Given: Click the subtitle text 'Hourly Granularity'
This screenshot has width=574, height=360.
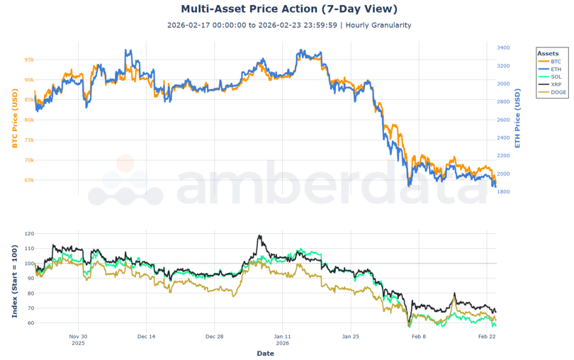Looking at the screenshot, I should click(x=378, y=26).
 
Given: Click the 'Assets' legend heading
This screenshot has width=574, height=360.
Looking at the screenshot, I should click(x=548, y=53).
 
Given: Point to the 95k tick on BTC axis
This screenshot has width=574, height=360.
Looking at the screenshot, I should click(x=29, y=60).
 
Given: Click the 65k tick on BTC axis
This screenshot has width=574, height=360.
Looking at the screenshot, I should click(x=29, y=180).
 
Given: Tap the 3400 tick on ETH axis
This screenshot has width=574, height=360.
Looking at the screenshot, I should click(x=502, y=48).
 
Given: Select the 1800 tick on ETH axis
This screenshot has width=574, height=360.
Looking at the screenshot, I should click(x=502, y=192).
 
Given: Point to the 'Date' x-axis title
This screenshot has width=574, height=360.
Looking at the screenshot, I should click(x=265, y=353).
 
